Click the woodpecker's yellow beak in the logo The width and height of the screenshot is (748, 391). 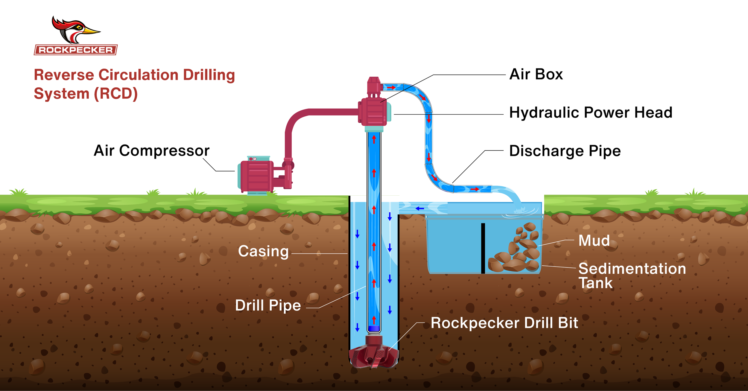pos(91,31)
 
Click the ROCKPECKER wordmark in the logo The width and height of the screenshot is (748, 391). pos(76,50)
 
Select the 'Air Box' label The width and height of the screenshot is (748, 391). pos(536,74)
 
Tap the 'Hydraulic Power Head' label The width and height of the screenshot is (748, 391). pos(591,113)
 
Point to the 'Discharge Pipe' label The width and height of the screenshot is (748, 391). pos(565,151)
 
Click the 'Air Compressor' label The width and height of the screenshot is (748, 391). pos(151,150)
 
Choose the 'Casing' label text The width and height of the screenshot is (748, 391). pos(263,251)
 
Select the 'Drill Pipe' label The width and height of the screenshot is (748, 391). pos(268,305)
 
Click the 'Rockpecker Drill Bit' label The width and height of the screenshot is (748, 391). pos(504,323)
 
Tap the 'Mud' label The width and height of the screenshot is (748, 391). pos(594,241)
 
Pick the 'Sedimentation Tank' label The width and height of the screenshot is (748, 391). pos(631,276)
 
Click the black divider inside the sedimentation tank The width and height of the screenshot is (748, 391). pos(483,248)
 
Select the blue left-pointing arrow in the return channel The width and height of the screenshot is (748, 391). pos(420,209)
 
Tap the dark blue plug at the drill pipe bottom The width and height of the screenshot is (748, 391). pos(374,328)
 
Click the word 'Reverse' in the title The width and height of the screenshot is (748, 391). pos(64,75)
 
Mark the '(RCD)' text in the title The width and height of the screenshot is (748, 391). pos(115,94)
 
